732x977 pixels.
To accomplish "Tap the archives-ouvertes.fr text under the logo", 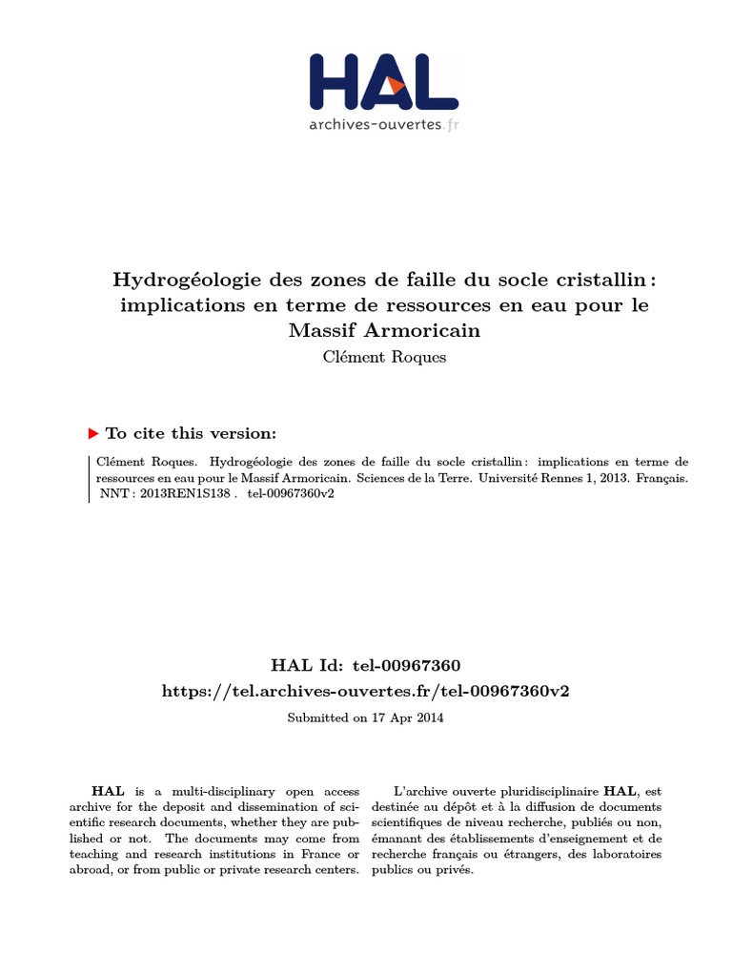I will (x=383, y=123).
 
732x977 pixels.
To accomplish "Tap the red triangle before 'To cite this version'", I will (x=92, y=432).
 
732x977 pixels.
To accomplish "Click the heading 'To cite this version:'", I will (x=191, y=432).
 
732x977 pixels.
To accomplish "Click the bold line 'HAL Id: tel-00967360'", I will (x=366, y=664).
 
